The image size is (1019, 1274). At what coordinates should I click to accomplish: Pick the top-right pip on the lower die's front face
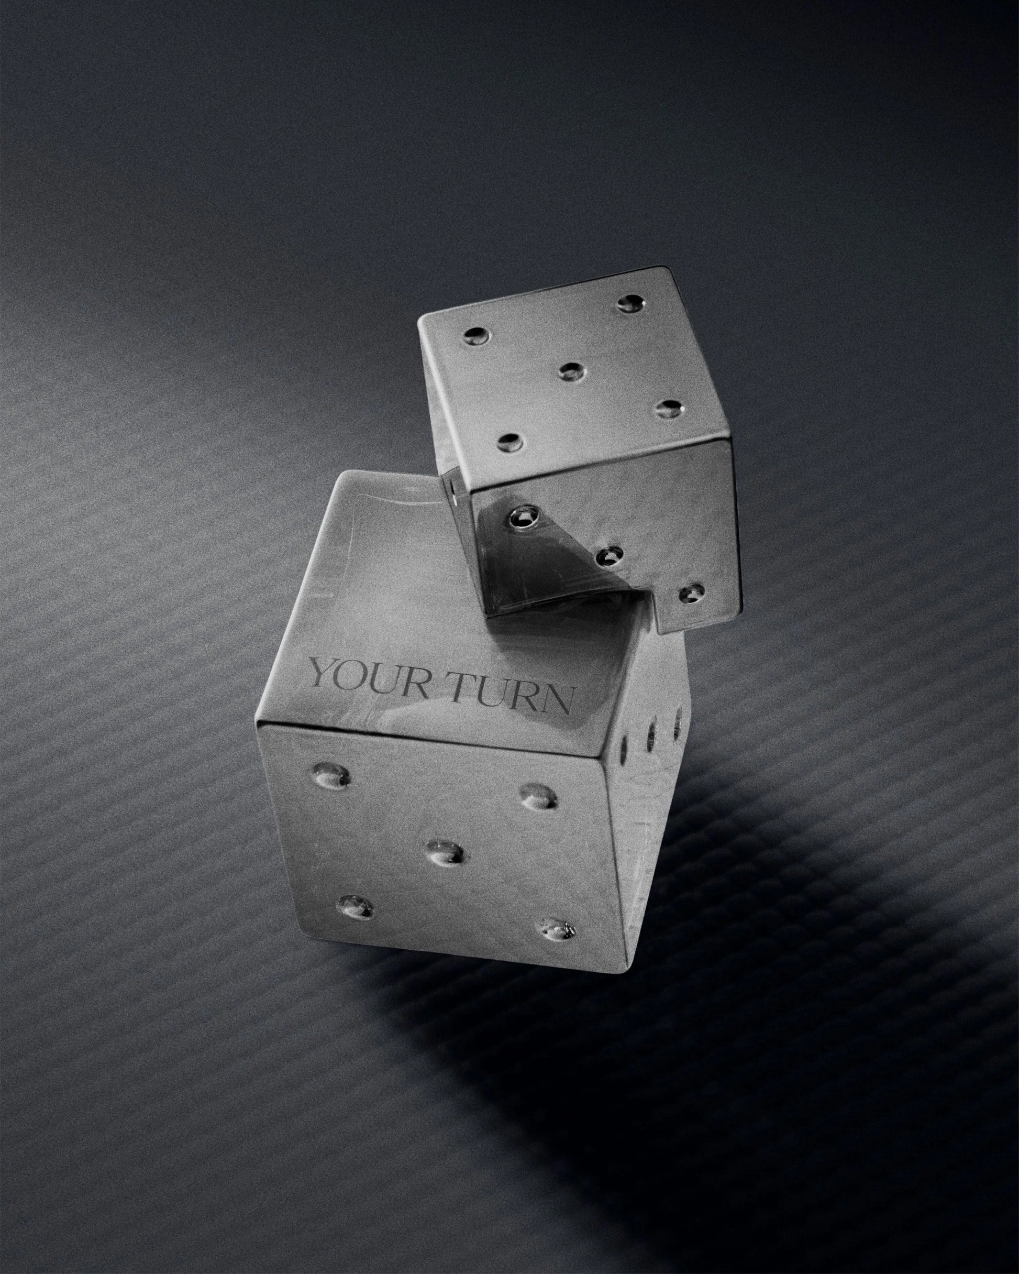[x=538, y=795]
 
